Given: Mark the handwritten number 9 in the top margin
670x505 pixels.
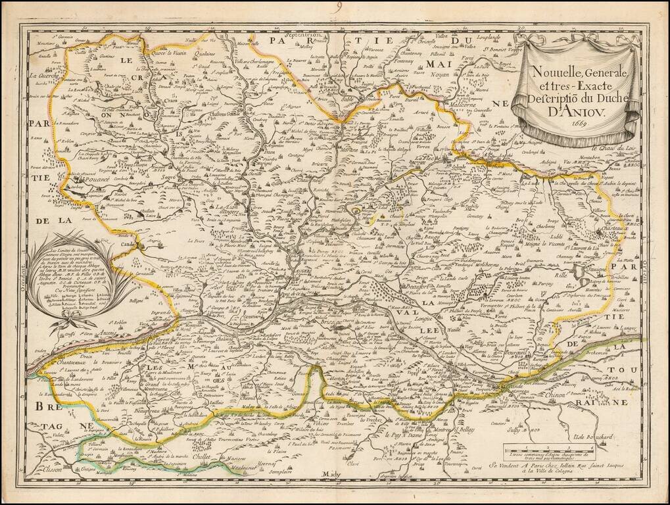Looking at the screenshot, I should (338, 8).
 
